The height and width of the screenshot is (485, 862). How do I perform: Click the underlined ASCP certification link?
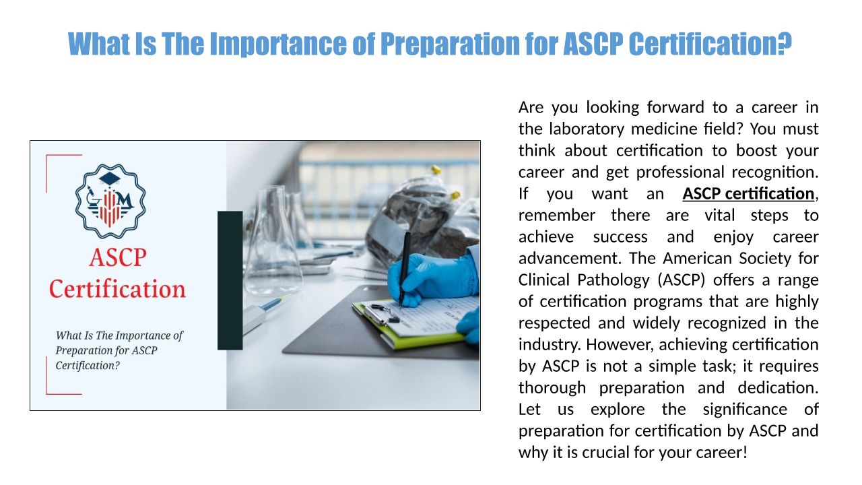point(748,193)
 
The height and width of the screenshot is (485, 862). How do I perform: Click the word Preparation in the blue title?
point(450,44)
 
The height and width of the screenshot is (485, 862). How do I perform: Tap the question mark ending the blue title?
point(785,44)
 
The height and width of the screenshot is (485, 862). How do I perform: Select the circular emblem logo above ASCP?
point(110,201)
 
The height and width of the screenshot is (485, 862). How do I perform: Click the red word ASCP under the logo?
point(118,257)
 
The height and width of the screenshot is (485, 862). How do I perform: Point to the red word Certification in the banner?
point(117,289)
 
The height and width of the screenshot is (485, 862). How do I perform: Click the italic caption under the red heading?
point(119,350)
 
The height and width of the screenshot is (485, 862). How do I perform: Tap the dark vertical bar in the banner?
point(230,280)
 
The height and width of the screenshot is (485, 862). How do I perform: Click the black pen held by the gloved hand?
point(403,269)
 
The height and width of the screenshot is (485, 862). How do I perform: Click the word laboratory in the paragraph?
point(586,129)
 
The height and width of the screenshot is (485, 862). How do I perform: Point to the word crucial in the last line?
point(605,452)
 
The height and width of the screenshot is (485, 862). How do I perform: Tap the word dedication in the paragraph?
point(778,387)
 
